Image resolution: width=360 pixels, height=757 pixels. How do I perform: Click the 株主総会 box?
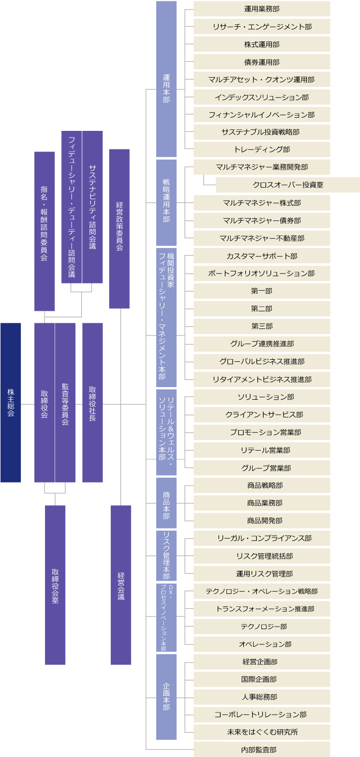(x=11, y=403)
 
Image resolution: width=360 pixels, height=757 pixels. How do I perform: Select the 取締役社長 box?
(x=93, y=403)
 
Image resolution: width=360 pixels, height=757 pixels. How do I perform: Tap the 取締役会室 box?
(x=55, y=585)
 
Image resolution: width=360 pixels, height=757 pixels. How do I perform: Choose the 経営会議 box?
(x=121, y=585)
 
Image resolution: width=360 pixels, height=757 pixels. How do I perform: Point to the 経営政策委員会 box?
(x=119, y=228)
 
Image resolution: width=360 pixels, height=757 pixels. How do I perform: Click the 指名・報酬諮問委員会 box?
(x=44, y=231)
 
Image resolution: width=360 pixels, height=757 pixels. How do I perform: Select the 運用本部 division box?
(x=166, y=79)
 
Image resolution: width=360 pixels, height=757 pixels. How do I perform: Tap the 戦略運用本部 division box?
(x=166, y=203)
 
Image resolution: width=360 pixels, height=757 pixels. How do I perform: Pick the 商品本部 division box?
(x=166, y=503)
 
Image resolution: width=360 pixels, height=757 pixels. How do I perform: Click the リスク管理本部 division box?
(x=166, y=556)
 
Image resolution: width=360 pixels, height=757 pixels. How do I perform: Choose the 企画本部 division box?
(x=166, y=697)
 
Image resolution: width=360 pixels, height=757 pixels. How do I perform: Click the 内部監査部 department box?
(x=262, y=749)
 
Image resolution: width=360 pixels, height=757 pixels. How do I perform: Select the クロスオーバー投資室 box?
(x=288, y=185)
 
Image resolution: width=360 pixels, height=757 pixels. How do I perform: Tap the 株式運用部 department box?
(x=262, y=44)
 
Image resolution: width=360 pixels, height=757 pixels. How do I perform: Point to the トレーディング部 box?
(x=262, y=150)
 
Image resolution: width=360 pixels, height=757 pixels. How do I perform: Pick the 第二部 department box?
(x=262, y=308)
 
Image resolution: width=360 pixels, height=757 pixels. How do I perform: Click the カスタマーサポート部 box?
(x=262, y=256)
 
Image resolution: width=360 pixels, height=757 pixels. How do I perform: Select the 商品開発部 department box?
(x=262, y=521)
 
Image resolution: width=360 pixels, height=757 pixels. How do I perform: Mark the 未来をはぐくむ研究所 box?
(x=262, y=732)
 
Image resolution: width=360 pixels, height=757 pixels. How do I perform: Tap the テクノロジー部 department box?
(x=262, y=626)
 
